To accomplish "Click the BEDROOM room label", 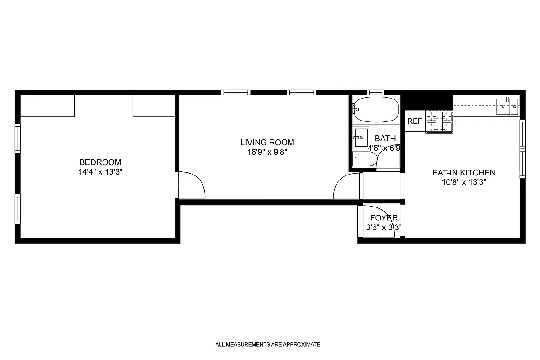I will coord(100,162).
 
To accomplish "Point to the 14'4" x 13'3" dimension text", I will coord(100,171).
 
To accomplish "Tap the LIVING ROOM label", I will coord(267,143).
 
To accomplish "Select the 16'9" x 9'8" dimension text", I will coord(267,152).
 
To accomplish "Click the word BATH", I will coord(385,139).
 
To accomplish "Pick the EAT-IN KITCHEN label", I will coord(463,172).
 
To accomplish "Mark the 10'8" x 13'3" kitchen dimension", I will coord(463,182).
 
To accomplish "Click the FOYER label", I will coord(384,218).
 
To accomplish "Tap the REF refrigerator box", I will coord(414,121).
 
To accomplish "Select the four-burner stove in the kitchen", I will coord(439,121).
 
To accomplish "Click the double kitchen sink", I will coord(508,106).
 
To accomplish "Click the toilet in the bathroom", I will coord(363,159).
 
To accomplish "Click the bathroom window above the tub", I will coord(375,92).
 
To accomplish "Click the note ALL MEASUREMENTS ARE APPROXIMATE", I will coord(268,345).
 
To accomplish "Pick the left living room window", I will coord(236,92).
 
